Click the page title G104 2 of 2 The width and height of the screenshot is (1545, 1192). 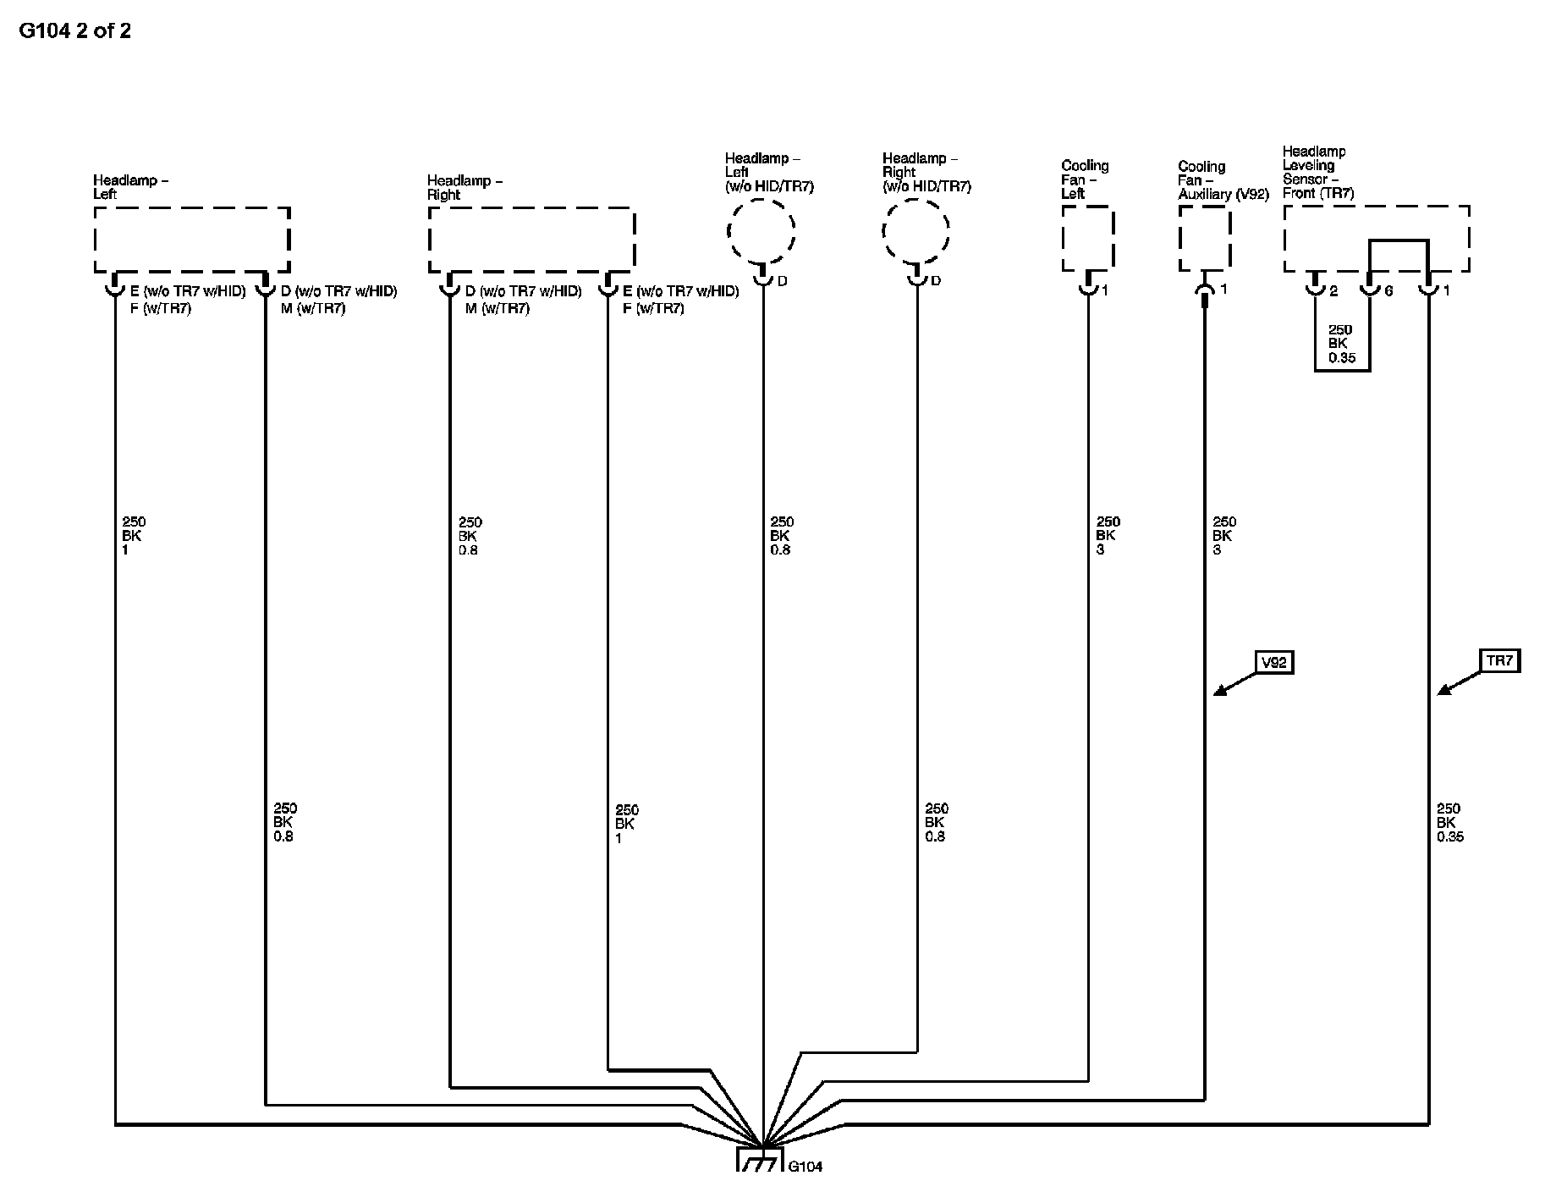tap(74, 31)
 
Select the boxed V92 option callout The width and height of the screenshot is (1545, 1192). tap(1273, 662)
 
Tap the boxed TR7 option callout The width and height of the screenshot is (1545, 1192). tap(1499, 660)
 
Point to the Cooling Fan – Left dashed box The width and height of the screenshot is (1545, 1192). tap(1087, 240)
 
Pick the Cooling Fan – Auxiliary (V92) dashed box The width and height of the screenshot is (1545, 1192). tap(1204, 240)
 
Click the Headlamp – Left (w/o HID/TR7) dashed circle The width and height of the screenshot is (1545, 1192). tap(762, 230)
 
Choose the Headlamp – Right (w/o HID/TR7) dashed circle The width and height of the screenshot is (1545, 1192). tap(915, 230)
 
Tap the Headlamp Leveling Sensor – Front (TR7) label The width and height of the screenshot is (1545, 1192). tap(1317, 172)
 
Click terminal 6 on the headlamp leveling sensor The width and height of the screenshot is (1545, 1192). tap(1370, 289)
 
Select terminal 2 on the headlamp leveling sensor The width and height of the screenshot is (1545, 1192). tap(1314, 289)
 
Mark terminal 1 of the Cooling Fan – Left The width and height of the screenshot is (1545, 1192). tap(1088, 288)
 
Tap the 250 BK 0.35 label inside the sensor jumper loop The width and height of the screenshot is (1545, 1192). tap(1341, 344)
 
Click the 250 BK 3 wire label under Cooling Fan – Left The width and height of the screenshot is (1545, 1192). tap(1108, 536)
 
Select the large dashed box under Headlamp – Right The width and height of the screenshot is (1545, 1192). tap(531, 240)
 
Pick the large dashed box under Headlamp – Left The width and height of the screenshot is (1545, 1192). tap(192, 240)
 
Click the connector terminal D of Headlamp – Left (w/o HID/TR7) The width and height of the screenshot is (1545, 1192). tap(762, 279)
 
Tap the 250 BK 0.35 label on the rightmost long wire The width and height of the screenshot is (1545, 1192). tap(1449, 822)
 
